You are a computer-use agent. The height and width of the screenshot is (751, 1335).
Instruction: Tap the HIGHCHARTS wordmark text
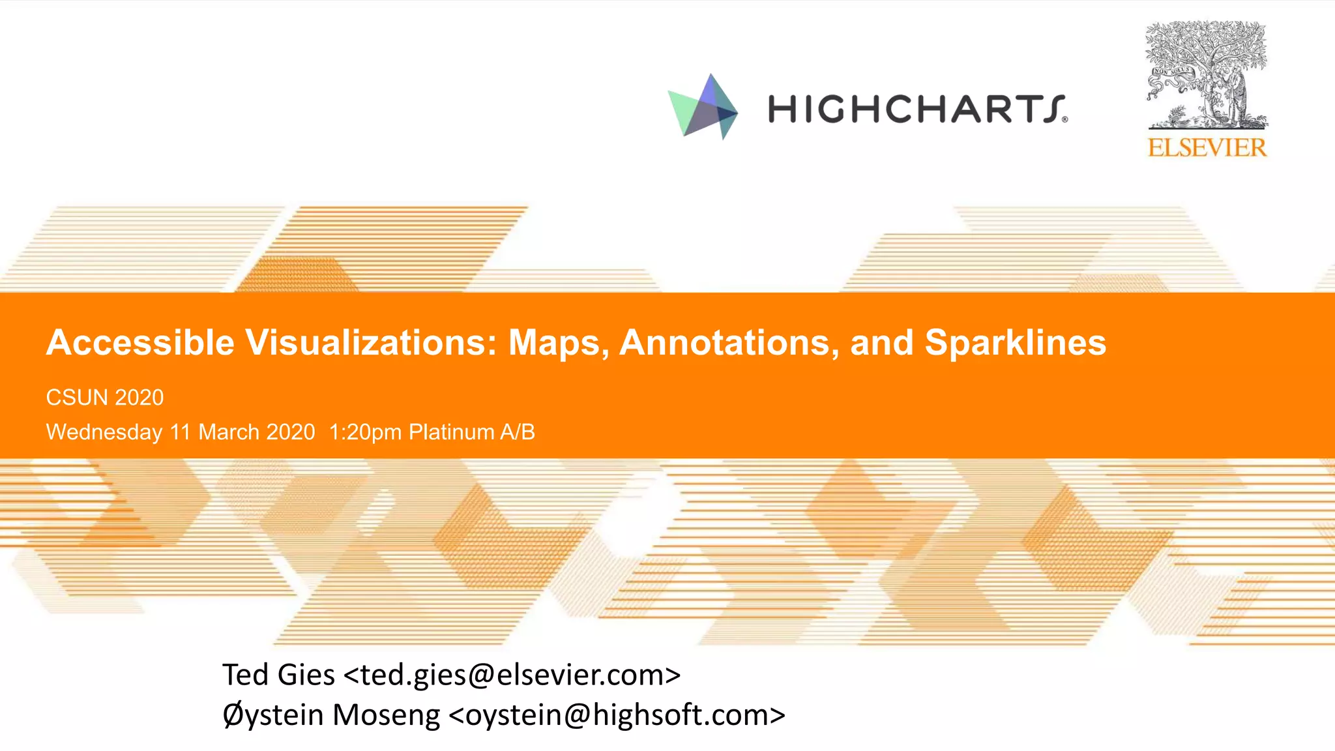(x=916, y=109)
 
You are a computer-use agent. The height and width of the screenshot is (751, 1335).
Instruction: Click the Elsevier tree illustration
(x=1207, y=75)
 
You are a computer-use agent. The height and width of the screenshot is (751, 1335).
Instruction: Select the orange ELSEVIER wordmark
(x=1207, y=148)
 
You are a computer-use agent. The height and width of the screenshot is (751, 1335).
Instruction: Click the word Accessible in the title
(x=140, y=343)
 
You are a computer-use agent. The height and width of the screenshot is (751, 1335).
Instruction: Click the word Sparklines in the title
(x=1015, y=343)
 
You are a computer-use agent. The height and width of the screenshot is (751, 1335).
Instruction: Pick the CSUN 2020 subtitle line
(x=105, y=398)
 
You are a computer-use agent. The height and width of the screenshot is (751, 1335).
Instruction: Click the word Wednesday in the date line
(x=104, y=432)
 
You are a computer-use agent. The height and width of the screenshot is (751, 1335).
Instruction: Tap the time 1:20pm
(x=365, y=432)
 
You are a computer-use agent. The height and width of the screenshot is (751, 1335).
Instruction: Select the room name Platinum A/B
(x=471, y=432)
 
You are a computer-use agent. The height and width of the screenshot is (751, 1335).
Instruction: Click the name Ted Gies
(x=278, y=675)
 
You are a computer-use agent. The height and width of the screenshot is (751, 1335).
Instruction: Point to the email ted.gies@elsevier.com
(x=512, y=675)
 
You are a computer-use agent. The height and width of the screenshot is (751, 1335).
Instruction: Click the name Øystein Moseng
(x=331, y=715)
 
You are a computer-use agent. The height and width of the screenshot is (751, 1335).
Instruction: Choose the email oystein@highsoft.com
(x=617, y=715)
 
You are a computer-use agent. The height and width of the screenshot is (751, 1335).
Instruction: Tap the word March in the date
(x=229, y=432)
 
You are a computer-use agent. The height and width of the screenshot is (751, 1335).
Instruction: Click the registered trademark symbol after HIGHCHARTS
(x=1064, y=119)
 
